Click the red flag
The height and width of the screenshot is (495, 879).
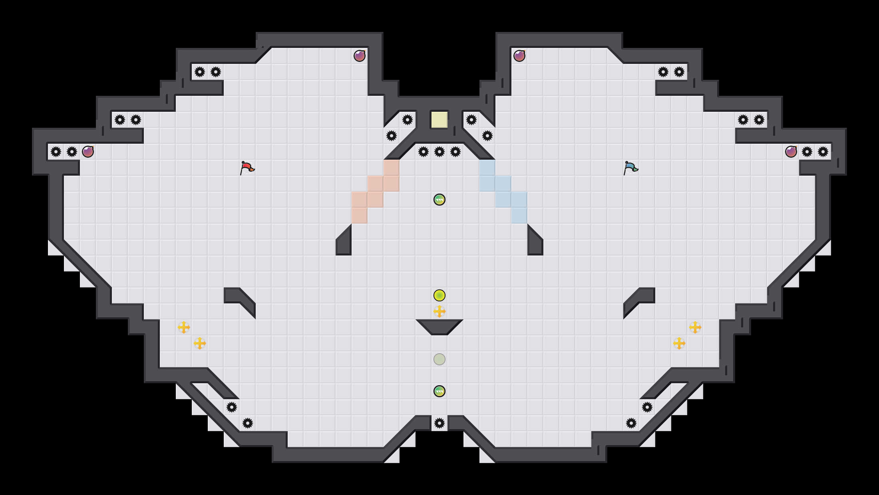point(247,168)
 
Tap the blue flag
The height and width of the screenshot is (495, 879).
point(630,168)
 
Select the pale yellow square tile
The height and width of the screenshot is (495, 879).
point(439,120)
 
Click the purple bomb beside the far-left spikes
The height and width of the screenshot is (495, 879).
point(88,152)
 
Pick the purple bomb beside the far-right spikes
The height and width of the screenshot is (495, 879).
point(791,152)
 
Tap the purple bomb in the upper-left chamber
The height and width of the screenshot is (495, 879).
point(360,56)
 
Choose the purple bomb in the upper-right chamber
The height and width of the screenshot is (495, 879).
point(519,56)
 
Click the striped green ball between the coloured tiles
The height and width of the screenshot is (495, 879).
point(439,200)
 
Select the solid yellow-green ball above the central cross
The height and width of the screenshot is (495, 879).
point(439,295)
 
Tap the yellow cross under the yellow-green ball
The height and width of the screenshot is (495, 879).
point(439,311)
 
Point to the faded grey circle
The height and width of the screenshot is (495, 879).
point(439,359)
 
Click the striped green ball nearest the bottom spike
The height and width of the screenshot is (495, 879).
point(439,391)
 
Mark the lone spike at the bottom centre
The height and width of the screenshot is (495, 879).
point(439,423)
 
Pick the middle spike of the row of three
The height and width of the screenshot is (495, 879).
point(439,152)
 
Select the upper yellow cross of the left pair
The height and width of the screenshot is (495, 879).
point(184,327)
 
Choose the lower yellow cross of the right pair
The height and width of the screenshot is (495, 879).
point(679,343)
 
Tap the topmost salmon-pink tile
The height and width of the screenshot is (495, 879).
point(392,168)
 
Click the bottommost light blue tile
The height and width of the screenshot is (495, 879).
point(519,216)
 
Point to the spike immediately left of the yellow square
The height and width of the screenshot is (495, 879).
point(408,120)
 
